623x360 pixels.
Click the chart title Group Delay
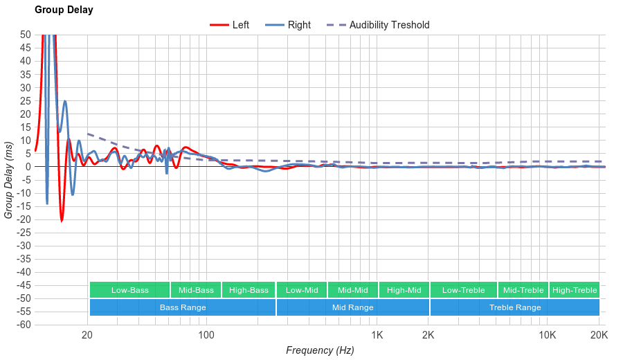(64, 10)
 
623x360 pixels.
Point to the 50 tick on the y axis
(26, 34)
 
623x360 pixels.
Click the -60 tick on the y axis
(24, 325)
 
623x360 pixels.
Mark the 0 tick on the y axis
(28, 166)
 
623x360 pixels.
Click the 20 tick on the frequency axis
(87, 336)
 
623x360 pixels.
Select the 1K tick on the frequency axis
(377, 336)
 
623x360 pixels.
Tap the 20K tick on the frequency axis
(599, 336)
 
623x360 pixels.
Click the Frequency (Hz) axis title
(320, 350)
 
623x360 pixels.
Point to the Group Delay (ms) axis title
(9, 179)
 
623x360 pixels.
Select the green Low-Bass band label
(129, 290)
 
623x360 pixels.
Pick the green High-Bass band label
(249, 290)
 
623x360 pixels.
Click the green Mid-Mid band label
(353, 290)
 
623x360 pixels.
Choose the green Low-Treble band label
(463, 290)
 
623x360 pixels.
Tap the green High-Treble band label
(575, 290)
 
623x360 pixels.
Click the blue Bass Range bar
(182, 307)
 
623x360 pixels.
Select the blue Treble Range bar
(515, 307)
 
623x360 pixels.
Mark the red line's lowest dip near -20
(62, 221)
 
